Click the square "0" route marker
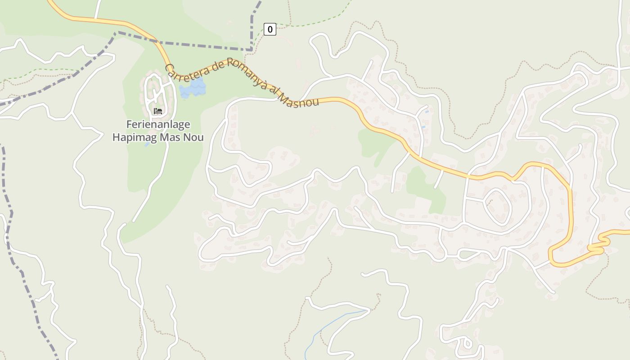click(x=270, y=30)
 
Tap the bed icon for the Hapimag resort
click(x=157, y=111)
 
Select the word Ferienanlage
click(x=158, y=124)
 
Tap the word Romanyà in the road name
click(x=247, y=72)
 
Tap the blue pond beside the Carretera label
click(x=193, y=88)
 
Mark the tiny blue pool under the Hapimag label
click(x=147, y=144)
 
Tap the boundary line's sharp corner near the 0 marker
click(x=251, y=49)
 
